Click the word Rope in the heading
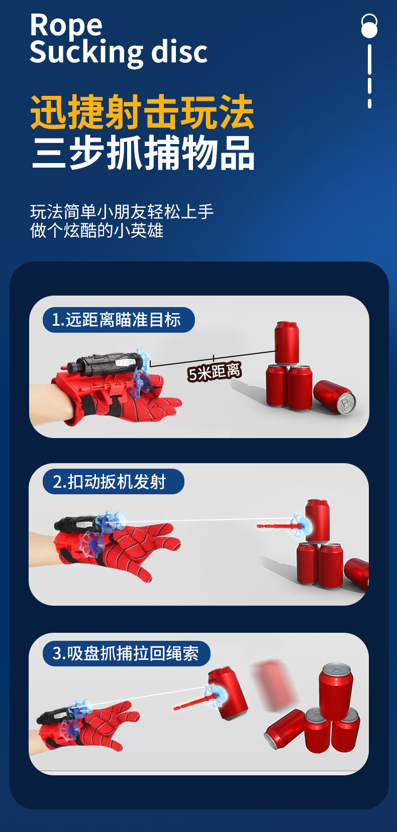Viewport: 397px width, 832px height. tap(66, 25)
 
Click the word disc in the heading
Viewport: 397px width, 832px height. tap(179, 52)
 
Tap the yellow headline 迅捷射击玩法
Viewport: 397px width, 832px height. tap(142, 112)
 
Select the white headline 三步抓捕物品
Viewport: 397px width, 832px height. tap(143, 153)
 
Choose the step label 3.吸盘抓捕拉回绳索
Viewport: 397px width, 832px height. tap(126, 653)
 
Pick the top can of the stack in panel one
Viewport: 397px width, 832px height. tap(286, 343)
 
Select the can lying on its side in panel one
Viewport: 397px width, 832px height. tap(334, 397)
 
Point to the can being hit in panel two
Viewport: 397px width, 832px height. tap(318, 520)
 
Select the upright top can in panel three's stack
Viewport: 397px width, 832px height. tap(336, 689)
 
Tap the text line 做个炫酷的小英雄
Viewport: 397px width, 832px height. tap(96, 231)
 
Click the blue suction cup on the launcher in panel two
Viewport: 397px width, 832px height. tap(111, 522)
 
